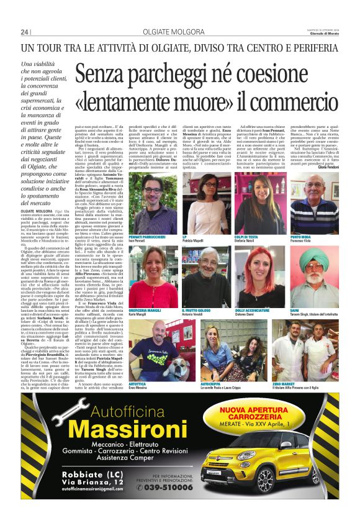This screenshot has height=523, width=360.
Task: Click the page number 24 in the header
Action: pyautogui.click(x=25, y=32)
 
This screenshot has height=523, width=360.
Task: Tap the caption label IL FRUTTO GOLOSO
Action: pyautogui.click(x=197, y=308)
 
